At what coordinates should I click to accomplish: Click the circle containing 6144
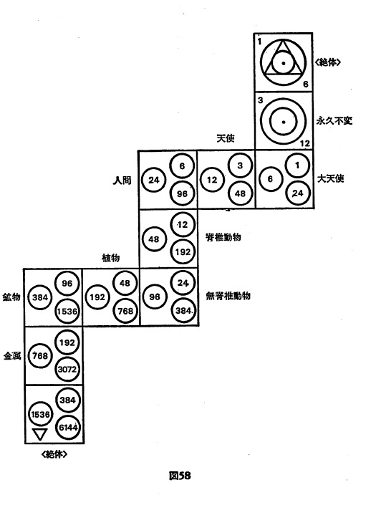(x=68, y=428)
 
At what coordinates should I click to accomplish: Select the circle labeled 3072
(x=67, y=369)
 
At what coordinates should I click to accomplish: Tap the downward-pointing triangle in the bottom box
(x=40, y=434)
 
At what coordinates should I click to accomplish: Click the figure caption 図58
(x=180, y=476)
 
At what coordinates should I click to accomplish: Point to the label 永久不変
(x=334, y=121)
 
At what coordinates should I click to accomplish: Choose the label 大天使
(x=331, y=178)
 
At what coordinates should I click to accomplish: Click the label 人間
(x=122, y=180)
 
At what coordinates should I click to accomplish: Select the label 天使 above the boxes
(x=226, y=138)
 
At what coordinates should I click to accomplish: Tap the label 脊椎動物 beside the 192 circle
(x=223, y=237)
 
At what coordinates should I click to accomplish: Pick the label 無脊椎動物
(x=228, y=296)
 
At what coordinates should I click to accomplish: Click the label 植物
(x=111, y=258)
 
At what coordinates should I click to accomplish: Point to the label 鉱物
(x=11, y=297)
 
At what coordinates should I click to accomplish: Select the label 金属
(x=12, y=356)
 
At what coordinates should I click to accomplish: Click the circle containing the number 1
(x=297, y=165)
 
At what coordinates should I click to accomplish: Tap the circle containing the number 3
(x=240, y=165)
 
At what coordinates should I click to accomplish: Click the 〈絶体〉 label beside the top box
(x=328, y=62)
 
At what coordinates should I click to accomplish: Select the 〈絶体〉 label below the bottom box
(x=54, y=454)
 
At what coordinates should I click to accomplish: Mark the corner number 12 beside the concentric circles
(x=304, y=144)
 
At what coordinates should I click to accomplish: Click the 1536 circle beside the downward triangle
(x=40, y=414)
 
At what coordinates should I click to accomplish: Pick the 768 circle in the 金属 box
(x=40, y=356)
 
